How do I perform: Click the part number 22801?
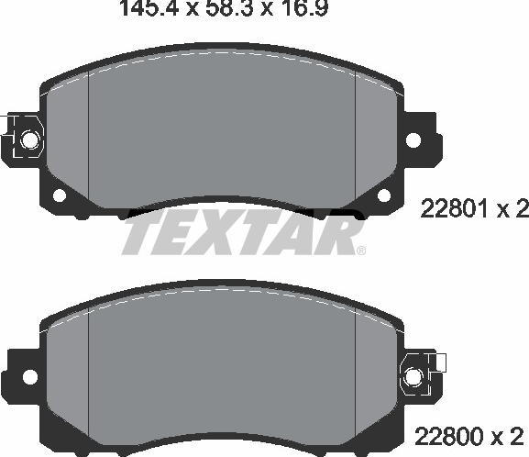[x=454, y=208]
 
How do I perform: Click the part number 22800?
[x=449, y=437]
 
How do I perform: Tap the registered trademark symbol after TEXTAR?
[x=361, y=251]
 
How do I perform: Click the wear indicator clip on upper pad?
[x=24, y=136]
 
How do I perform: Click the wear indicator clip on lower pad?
[x=422, y=375]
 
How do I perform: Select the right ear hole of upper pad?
[x=413, y=139]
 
